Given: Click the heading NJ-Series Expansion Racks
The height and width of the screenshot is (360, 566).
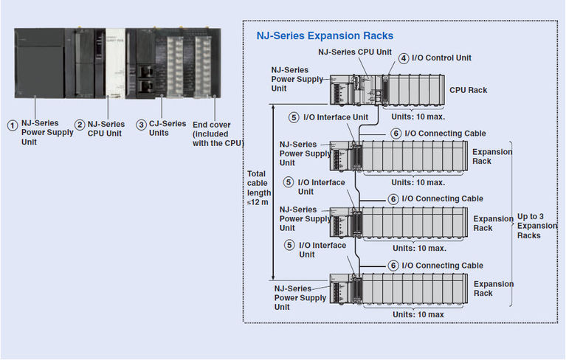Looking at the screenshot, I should coord(325,35).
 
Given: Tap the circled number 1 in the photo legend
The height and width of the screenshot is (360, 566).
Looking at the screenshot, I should coord(12,125).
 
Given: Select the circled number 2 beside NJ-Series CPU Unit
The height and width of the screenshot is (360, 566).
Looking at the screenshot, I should coord(80,125).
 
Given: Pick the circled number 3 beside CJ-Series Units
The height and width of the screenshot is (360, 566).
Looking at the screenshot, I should coord(141,125).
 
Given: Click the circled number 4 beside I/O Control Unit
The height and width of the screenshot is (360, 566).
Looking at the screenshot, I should coord(404,58).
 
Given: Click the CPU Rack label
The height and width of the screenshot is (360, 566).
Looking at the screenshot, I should coord(468,90).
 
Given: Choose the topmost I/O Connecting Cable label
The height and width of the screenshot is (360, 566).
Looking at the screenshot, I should coord(444,134).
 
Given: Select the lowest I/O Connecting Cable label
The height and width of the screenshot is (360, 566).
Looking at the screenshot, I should coord(444,266).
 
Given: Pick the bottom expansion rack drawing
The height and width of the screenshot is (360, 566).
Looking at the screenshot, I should coord(398,290).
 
